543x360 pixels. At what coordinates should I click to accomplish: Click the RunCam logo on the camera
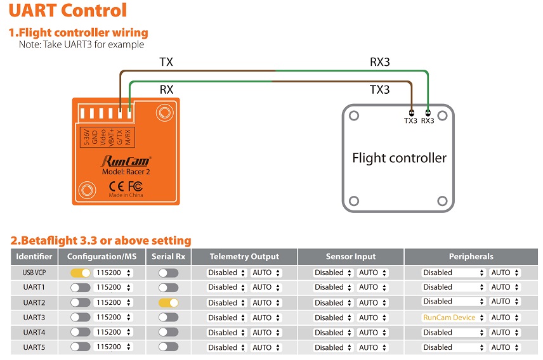(x=126, y=162)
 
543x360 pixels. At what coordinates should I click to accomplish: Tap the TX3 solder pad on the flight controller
(x=412, y=113)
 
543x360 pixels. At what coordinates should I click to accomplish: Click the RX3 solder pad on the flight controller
(x=428, y=113)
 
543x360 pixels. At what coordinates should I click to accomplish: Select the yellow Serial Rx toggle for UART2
(x=169, y=303)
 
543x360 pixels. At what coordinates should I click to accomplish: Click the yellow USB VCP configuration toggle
(x=81, y=273)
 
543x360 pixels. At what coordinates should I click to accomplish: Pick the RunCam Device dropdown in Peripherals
(x=453, y=318)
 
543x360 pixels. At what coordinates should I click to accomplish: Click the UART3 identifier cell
(x=34, y=318)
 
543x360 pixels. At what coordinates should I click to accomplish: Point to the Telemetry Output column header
(x=244, y=257)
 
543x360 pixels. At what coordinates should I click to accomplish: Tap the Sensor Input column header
(x=350, y=257)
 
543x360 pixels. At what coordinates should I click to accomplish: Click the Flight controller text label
(x=399, y=158)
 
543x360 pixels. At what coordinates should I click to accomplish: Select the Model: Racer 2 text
(x=126, y=172)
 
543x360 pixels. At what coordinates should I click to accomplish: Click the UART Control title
(x=68, y=10)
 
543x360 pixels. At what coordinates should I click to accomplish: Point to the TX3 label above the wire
(x=379, y=89)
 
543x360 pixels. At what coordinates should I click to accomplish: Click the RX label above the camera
(x=166, y=89)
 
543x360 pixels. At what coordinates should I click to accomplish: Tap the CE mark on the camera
(x=116, y=187)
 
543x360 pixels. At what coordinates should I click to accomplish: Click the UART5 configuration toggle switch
(x=81, y=347)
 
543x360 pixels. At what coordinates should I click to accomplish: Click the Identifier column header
(x=34, y=257)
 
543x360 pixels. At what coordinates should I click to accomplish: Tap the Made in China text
(x=126, y=195)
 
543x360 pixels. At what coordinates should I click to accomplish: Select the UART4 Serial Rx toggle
(x=169, y=332)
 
